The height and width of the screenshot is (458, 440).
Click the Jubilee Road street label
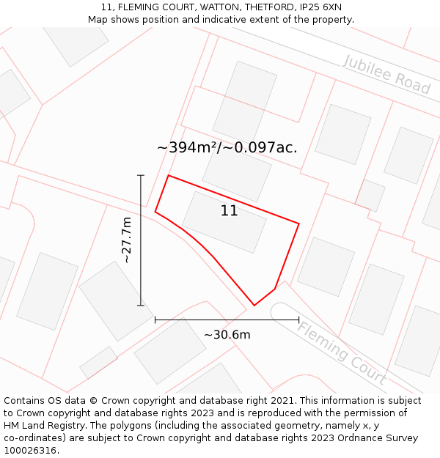386,74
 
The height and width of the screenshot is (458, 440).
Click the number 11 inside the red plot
229,211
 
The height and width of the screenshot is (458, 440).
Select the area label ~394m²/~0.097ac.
227,147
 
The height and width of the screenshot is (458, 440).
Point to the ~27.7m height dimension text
126,240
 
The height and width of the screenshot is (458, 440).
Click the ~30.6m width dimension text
227,335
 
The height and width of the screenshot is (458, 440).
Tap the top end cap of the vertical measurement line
141,176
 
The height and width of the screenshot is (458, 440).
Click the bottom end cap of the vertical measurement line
141,306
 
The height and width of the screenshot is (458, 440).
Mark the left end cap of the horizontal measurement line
155,320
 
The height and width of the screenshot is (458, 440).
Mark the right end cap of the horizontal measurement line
298,320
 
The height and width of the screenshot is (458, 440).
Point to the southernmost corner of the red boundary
254,305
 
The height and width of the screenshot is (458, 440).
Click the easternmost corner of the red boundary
299,224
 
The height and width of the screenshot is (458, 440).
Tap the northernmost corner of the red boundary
169,175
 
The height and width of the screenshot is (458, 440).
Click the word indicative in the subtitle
224,20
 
